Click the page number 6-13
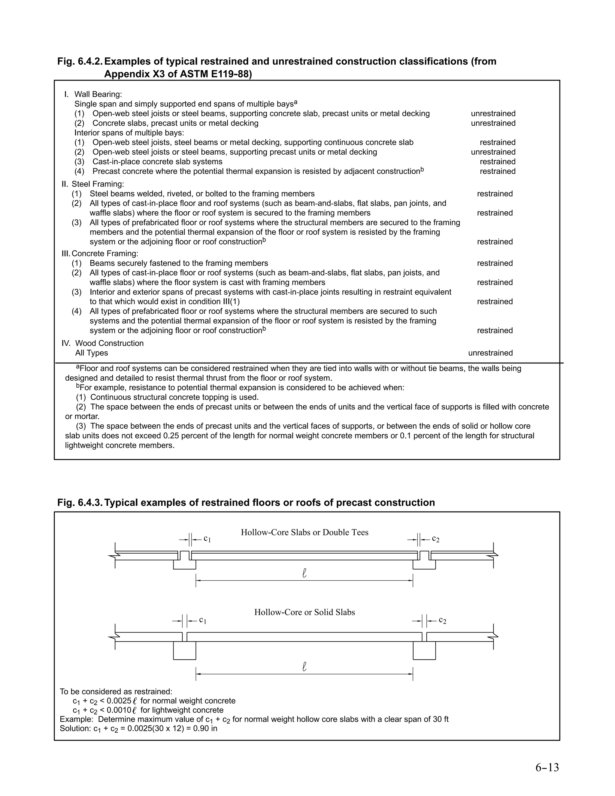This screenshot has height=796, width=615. click(547, 767)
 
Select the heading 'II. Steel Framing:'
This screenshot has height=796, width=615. click(93, 184)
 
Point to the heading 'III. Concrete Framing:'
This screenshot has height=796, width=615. click(100, 253)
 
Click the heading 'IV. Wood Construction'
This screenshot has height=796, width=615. click(102, 343)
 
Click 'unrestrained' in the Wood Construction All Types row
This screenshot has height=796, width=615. click(490, 353)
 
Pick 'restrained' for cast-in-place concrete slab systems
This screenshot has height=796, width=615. click(497, 162)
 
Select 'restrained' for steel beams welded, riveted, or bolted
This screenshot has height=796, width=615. click(495, 193)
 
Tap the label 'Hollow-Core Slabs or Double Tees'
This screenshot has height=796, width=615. click(304, 533)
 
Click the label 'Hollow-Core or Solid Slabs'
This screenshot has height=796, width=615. click(304, 612)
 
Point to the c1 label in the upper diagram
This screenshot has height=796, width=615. click(207, 539)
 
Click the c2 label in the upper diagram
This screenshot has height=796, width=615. click(436, 539)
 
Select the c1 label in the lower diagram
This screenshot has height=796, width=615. click(203, 620)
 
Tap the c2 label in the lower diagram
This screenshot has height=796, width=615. click(442, 620)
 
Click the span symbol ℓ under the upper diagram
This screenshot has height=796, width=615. click(304, 573)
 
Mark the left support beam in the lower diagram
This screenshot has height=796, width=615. click(184, 651)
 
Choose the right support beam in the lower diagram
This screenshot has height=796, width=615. click(424, 651)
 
